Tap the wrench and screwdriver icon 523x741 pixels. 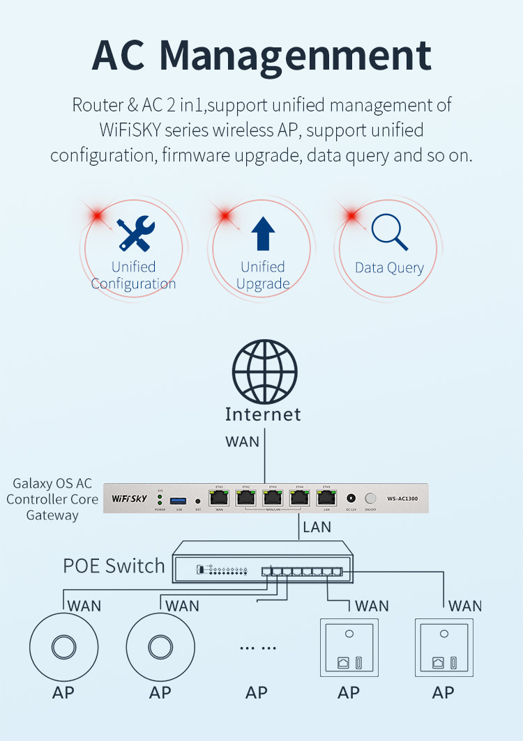click(x=136, y=234)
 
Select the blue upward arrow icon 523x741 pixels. click(x=263, y=233)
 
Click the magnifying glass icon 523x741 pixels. click(x=389, y=232)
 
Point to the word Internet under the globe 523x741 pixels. click(x=263, y=414)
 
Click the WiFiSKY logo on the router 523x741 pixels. click(x=130, y=499)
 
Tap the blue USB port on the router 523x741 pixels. click(x=179, y=500)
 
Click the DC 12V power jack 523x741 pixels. click(x=351, y=499)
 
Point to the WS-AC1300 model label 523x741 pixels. click(x=402, y=499)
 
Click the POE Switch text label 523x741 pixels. click(x=114, y=565)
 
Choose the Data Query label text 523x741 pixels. click(x=389, y=268)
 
